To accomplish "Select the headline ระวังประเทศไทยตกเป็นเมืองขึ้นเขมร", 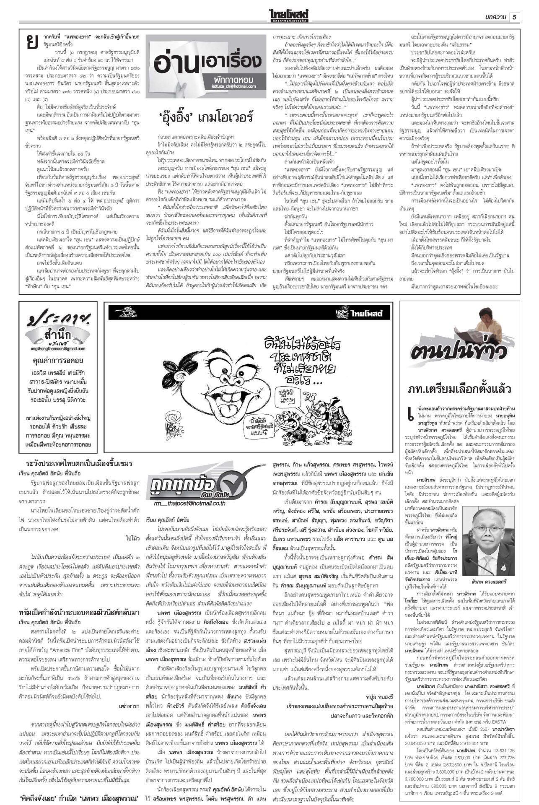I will tap(79, 464).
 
